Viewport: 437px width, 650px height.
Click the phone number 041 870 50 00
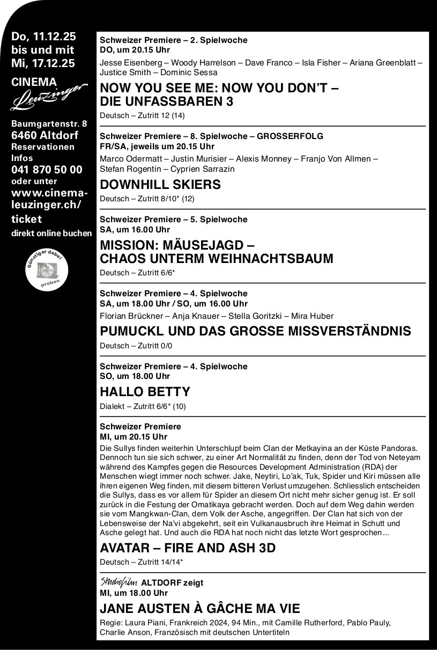[x=47, y=170]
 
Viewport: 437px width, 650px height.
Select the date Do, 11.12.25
[x=44, y=37]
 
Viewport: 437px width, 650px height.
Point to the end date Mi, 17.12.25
[x=43, y=63]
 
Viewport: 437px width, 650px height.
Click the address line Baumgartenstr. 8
[x=49, y=123]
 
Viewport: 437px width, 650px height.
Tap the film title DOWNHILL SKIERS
[x=160, y=185]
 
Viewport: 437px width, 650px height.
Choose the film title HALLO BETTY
[x=145, y=391]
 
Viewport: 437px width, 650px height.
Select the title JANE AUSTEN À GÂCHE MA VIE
[x=200, y=608]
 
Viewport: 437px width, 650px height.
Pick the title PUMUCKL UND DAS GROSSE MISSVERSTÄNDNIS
[x=255, y=331]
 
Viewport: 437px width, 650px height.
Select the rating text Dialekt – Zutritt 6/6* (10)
[x=143, y=406]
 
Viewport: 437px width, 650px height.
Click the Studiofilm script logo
[x=118, y=582]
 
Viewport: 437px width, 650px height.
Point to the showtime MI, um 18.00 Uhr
[x=134, y=593]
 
